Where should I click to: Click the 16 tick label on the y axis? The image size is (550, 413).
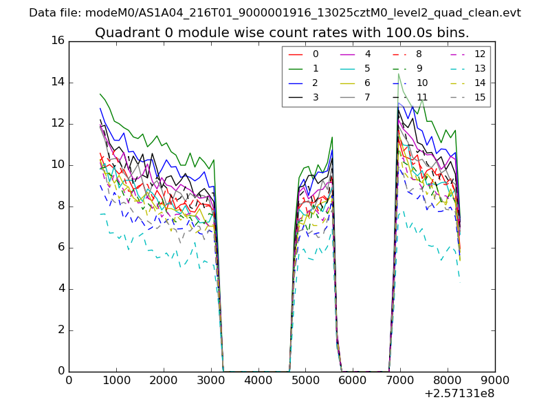point(57,41)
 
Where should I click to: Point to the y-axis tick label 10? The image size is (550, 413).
point(57,165)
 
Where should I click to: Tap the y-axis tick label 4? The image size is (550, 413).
point(60,288)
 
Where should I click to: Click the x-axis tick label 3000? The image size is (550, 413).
point(211,379)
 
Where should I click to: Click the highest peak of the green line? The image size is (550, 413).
point(398,73)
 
